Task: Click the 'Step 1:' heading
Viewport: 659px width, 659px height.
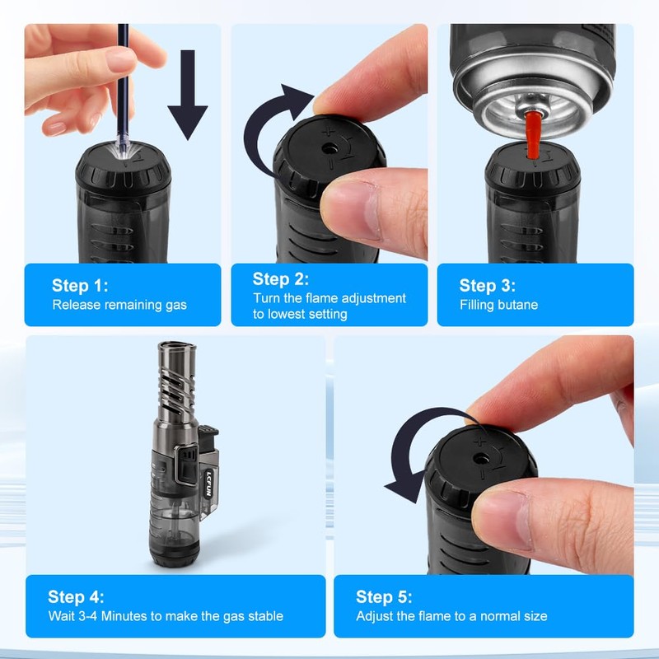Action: [x=80, y=286]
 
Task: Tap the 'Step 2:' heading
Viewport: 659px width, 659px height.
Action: [x=281, y=278]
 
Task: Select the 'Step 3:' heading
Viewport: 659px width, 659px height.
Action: [x=488, y=286]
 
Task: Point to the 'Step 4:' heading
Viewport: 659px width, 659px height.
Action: [x=76, y=597]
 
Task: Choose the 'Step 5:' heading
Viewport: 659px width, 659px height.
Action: [x=384, y=597]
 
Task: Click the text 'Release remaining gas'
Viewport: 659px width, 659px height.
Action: [x=119, y=305]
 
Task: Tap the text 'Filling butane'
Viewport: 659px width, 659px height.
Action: [x=498, y=305]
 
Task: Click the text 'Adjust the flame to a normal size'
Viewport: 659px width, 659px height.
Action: [x=451, y=616]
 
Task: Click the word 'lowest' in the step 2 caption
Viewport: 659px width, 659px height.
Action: [x=301, y=314]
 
